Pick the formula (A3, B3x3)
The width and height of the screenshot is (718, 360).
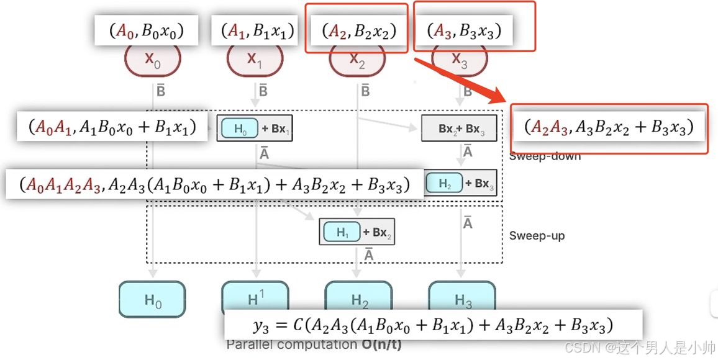point(463,30)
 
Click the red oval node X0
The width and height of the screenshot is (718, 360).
point(153,60)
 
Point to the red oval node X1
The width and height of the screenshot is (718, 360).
point(255,60)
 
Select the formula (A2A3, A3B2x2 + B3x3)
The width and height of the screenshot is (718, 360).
point(608,127)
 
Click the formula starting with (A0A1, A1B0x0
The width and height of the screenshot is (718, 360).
point(112,127)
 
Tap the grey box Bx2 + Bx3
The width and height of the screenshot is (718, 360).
point(459,129)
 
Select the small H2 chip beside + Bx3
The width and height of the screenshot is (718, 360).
point(445,183)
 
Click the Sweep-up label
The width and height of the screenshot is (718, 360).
point(537,236)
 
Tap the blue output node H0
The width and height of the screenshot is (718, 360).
point(153,300)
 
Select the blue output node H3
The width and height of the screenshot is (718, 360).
point(463,300)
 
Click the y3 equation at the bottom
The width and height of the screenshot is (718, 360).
point(433,325)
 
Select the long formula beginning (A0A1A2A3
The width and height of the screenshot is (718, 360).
point(214,184)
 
